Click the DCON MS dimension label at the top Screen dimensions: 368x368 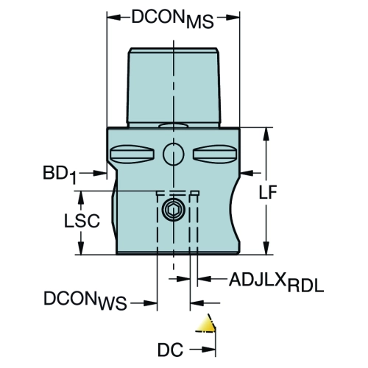click(173, 19)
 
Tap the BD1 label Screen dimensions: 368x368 click(60, 174)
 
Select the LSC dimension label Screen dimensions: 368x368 click(82, 221)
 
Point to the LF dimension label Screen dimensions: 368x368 click(268, 192)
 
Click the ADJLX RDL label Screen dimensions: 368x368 click(277, 282)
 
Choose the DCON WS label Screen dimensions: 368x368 click(85, 300)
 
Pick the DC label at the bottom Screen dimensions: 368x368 click(170, 350)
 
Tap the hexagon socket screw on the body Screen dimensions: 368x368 click(174, 210)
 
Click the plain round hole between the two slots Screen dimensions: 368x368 click(174, 155)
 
